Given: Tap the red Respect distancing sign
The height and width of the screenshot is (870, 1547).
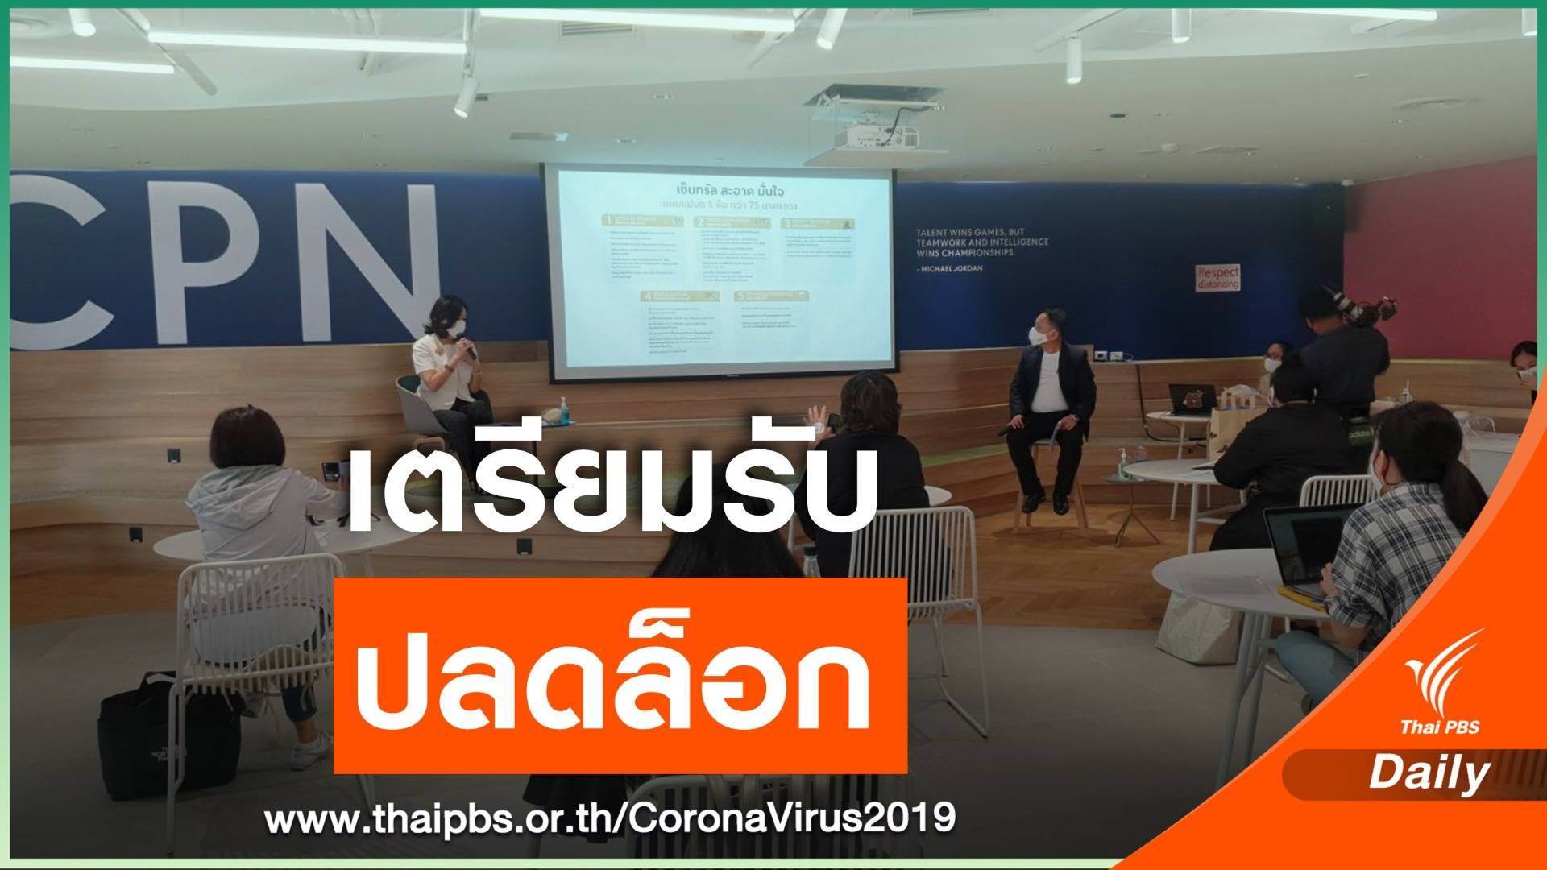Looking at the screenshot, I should coord(1217,276).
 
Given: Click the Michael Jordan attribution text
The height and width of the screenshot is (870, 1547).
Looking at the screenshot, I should coord(950,268).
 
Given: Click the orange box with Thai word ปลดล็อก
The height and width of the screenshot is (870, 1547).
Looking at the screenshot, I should coord(620,674).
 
